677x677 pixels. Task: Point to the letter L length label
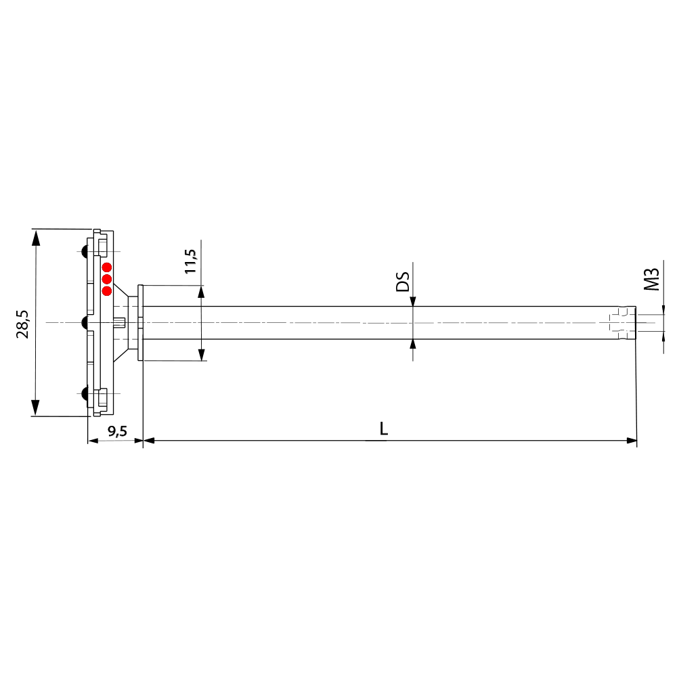pyautogui.click(x=384, y=429)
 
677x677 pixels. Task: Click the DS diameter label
pyautogui.click(x=403, y=282)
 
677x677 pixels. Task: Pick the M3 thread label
pyautogui.click(x=651, y=278)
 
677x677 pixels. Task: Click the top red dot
pyautogui.click(x=107, y=267)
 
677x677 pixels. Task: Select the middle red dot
pyautogui.click(x=107, y=279)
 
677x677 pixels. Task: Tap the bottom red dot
pyautogui.click(x=107, y=291)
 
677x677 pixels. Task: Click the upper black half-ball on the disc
pyautogui.click(x=85, y=252)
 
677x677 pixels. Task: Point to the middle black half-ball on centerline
pyautogui.click(x=85, y=323)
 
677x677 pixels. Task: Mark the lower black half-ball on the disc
pyautogui.click(x=85, y=393)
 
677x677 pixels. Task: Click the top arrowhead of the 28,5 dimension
pyautogui.click(x=36, y=236)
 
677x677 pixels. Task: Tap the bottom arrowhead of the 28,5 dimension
pyautogui.click(x=36, y=409)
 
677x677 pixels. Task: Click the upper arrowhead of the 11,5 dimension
pyautogui.click(x=201, y=292)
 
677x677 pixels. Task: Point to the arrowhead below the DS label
pyautogui.click(x=413, y=301)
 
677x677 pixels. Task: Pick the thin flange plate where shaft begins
pyautogui.click(x=140, y=323)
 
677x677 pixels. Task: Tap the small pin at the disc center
pyautogui.click(x=121, y=323)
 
